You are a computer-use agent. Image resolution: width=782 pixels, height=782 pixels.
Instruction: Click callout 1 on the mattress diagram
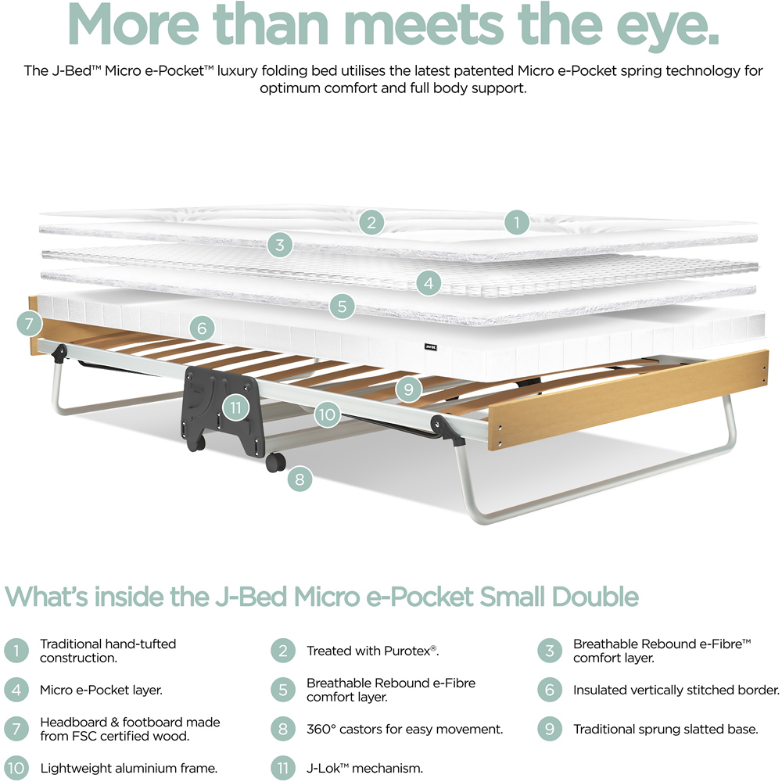[x=517, y=222]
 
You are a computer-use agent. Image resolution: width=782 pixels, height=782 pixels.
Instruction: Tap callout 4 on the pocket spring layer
[x=429, y=283]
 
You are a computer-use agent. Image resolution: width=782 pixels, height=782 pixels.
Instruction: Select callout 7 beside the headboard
[x=29, y=324]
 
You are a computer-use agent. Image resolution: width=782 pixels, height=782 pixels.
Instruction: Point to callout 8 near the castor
[x=300, y=479]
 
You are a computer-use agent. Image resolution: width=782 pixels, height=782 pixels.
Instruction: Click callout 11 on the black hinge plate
[x=235, y=408]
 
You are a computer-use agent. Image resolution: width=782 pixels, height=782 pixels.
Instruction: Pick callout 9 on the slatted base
[x=408, y=389]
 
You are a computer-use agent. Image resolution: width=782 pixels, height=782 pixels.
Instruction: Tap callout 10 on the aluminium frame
[x=327, y=414]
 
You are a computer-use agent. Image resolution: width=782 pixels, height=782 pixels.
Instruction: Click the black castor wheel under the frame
[x=275, y=462]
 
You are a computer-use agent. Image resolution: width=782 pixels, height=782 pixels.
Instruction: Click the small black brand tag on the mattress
[x=430, y=346]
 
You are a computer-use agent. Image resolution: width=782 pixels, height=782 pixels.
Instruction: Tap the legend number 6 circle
[x=550, y=690]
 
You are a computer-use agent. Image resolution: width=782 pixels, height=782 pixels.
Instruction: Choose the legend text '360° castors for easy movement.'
[x=404, y=729]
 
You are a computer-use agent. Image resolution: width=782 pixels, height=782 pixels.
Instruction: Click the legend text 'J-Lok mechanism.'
[x=364, y=768]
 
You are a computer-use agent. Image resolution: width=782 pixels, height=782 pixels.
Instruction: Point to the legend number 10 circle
[x=16, y=768]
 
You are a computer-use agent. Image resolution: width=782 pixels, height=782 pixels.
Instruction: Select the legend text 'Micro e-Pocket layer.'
[x=101, y=690]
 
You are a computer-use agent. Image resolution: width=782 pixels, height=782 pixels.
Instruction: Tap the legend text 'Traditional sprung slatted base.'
[x=665, y=729]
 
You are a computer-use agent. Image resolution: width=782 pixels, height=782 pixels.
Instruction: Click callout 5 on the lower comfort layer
[x=342, y=306]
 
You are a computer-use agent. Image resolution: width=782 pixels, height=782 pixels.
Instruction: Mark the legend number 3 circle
[x=550, y=651]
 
